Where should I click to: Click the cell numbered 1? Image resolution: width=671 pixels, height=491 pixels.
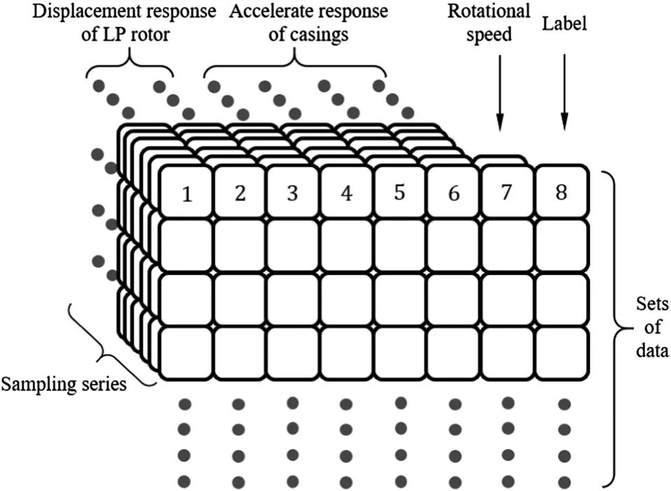click(x=186, y=193)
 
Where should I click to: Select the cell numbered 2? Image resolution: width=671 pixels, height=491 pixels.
click(x=240, y=193)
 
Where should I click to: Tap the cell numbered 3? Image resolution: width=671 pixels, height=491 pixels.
click(x=293, y=193)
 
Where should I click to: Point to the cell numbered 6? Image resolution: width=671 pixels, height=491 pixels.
click(x=453, y=193)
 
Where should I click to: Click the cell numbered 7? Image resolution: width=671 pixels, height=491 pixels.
click(x=507, y=192)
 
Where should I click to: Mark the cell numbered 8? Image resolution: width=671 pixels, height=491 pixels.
click(x=561, y=192)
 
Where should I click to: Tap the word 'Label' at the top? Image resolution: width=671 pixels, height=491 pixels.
click(x=565, y=24)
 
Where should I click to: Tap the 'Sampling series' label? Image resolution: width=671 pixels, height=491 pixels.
click(x=64, y=384)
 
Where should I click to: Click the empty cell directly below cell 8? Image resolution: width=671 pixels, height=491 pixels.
click(x=561, y=245)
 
